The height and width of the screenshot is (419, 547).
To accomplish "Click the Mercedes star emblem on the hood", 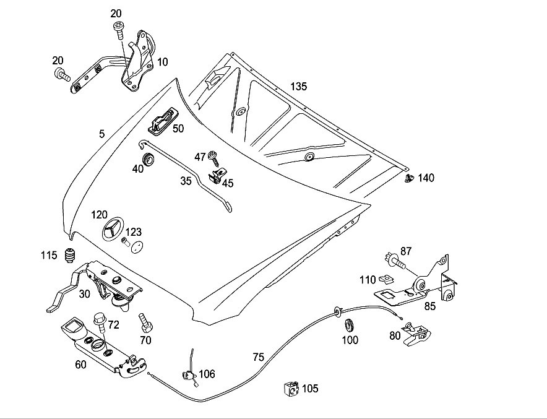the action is click(x=113, y=228).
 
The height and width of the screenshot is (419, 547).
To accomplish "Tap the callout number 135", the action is click(x=299, y=86).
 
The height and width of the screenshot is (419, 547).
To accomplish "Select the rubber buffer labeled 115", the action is click(x=71, y=256).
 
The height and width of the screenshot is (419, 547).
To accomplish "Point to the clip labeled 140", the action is click(x=409, y=178).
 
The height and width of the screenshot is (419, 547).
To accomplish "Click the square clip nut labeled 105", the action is click(x=291, y=389).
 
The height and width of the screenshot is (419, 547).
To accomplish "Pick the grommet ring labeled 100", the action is click(x=349, y=325).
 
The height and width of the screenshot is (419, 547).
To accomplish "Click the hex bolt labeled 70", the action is click(x=145, y=323).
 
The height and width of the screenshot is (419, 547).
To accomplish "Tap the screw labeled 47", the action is click(x=213, y=158).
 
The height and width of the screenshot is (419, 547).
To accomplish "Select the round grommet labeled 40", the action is click(x=149, y=159).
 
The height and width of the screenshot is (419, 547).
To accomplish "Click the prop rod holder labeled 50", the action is click(x=162, y=121).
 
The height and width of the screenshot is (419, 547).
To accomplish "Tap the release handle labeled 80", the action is click(x=416, y=334).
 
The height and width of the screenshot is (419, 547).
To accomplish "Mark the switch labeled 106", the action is click(x=189, y=371).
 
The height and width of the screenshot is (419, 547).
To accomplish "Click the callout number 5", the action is click(x=101, y=134).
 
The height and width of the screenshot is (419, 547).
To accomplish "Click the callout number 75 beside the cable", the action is click(x=259, y=357).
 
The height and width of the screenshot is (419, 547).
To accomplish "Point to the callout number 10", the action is click(x=163, y=62).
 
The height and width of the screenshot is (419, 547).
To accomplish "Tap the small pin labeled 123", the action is click(x=125, y=241).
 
